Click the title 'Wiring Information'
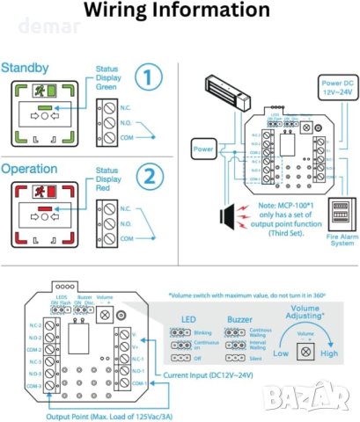point(180,11)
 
